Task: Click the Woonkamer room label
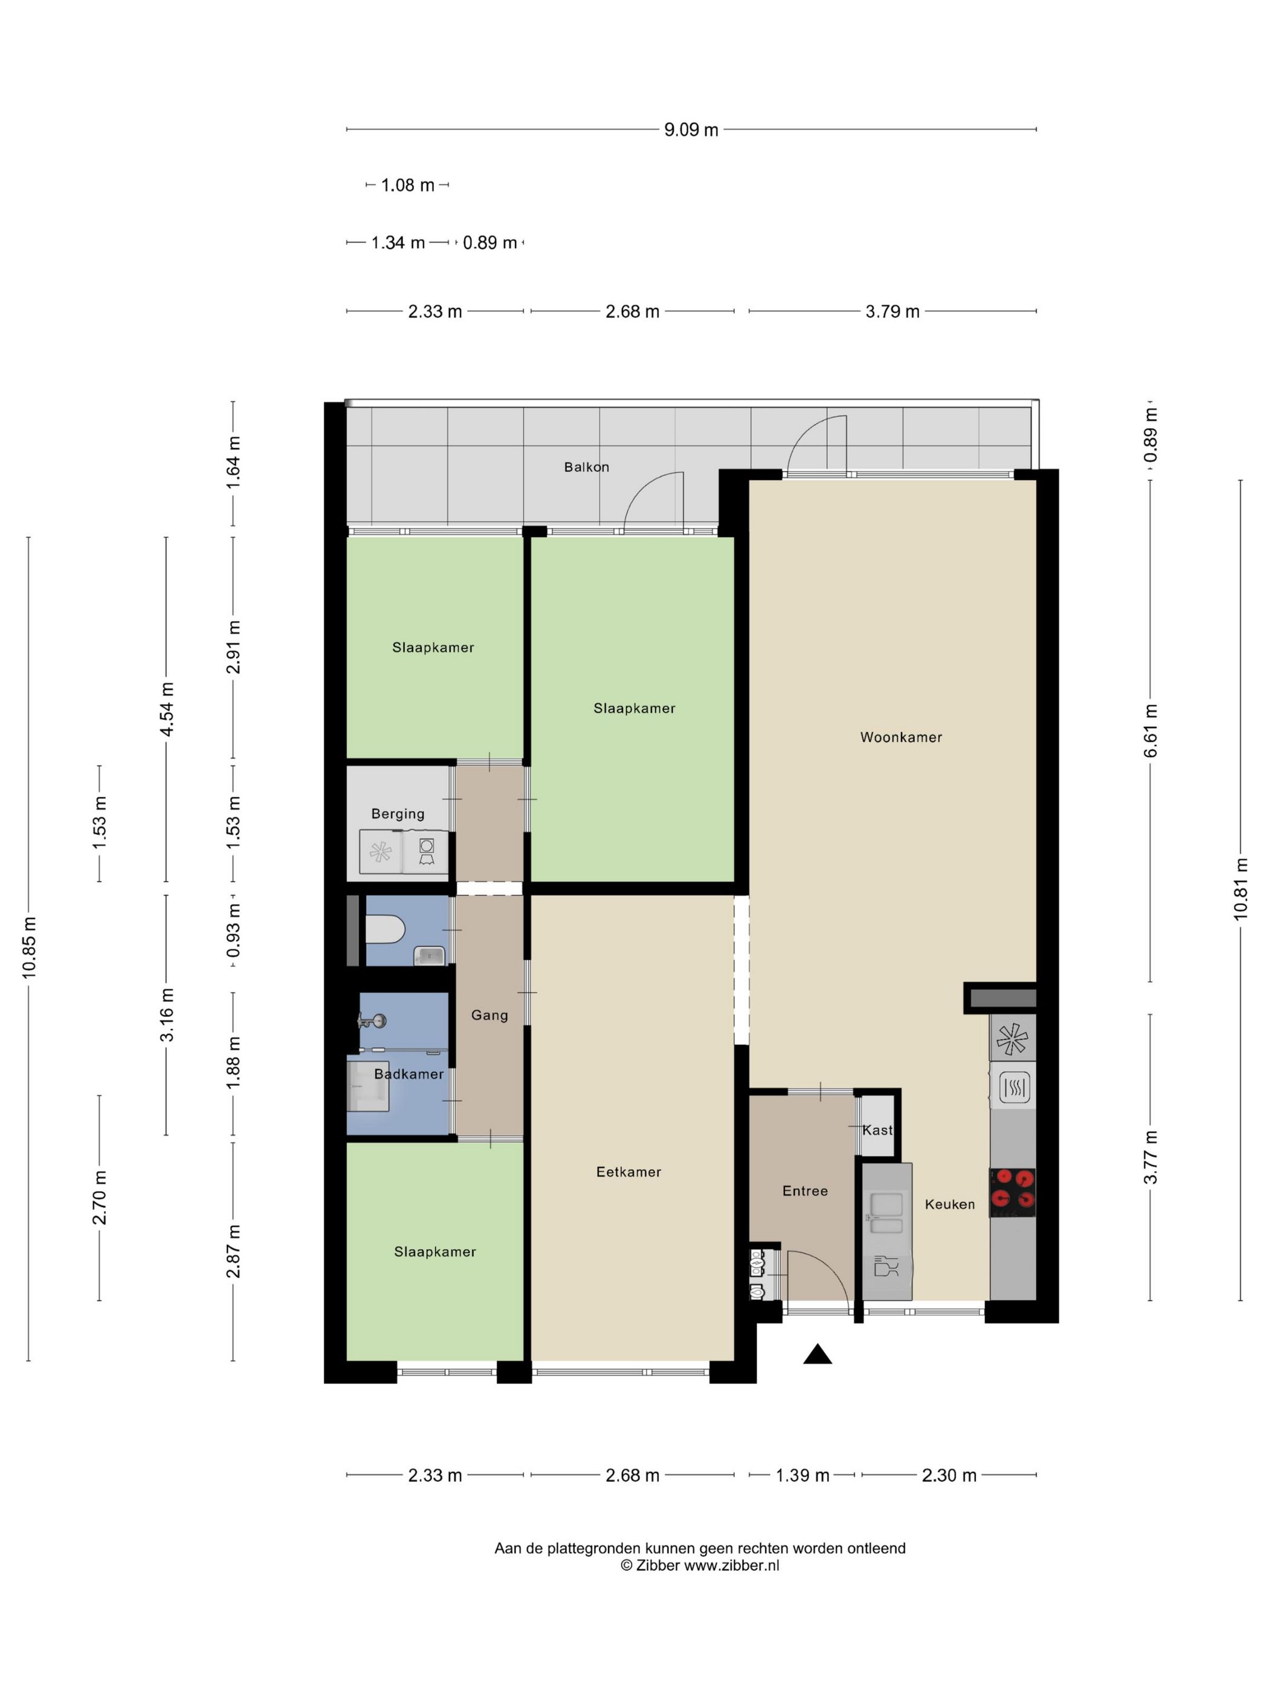click(900, 737)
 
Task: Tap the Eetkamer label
click(628, 1171)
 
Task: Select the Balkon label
click(587, 467)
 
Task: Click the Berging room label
click(398, 814)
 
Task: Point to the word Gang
click(489, 1015)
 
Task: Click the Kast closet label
click(877, 1129)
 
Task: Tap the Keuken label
click(949, 1204)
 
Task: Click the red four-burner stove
click(1013, 1193)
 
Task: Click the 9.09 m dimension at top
click(691, 130)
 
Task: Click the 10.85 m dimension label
click(29, 947)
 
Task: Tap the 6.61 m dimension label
click(1151, 730)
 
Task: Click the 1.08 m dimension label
click(408, 185)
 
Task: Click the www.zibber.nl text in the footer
click(731, 1565)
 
